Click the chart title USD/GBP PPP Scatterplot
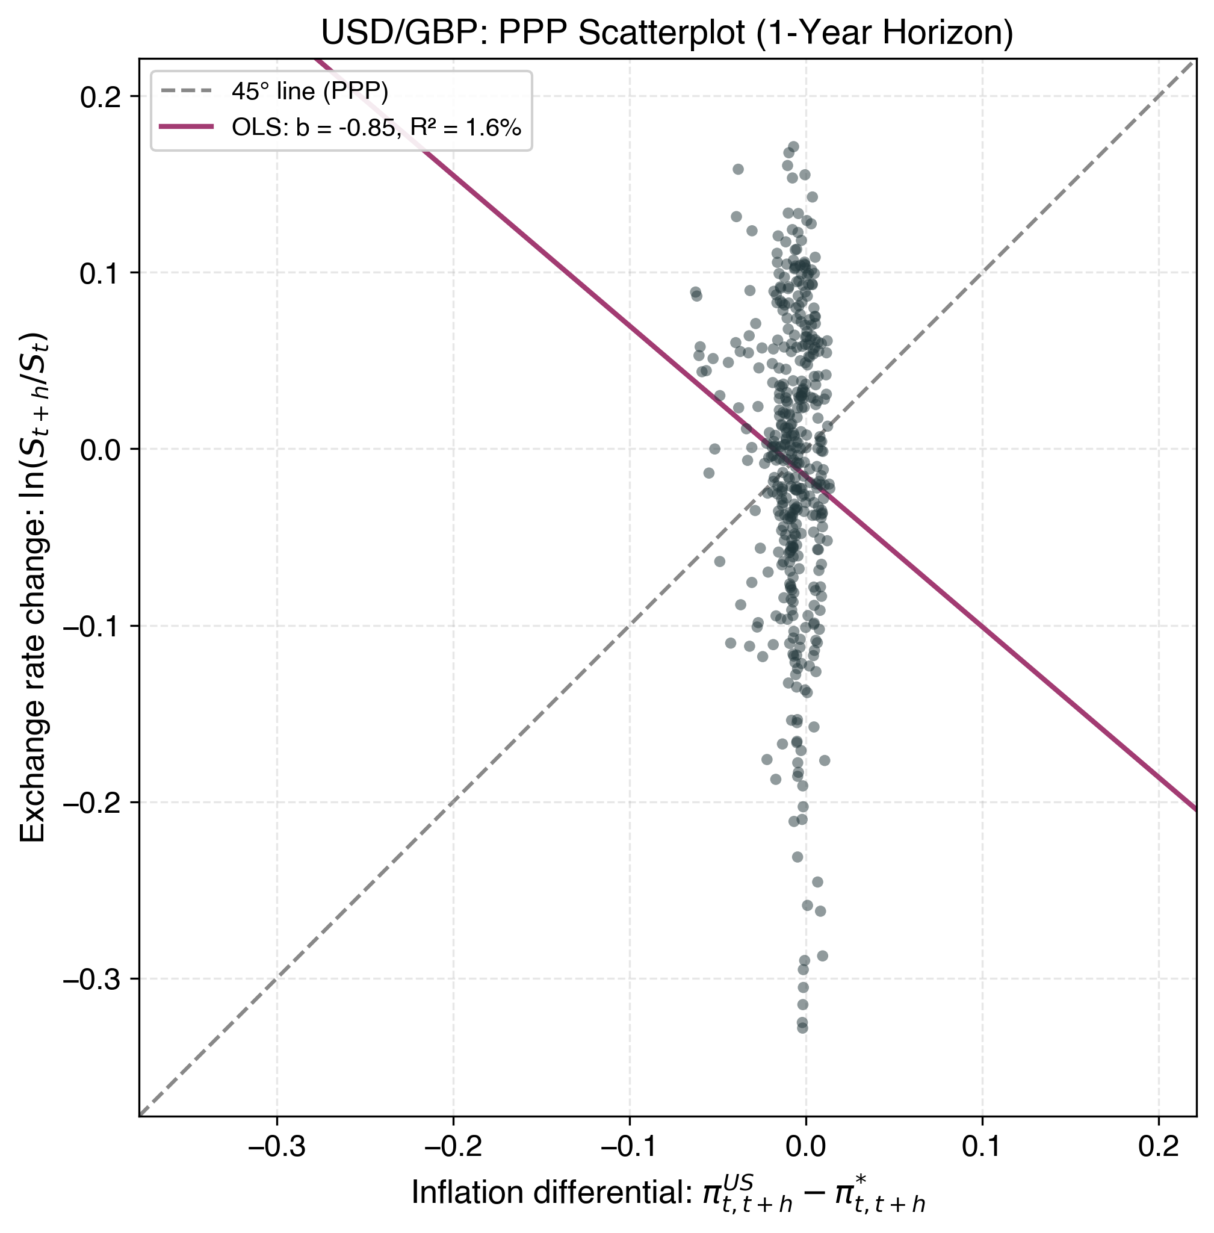(667, 33)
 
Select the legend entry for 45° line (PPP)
(309, 92)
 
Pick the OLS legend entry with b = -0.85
(376, 128)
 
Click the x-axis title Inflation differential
(667, 1194)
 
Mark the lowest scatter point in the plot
(802, 1028)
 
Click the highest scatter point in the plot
(793, 147)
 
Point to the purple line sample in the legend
(186, 128)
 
